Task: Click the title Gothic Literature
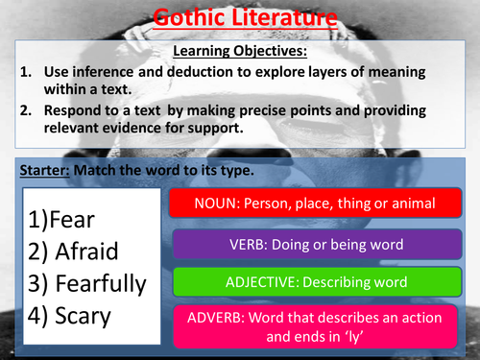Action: (x=240, y=15)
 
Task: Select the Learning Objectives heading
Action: (x=239, y=50)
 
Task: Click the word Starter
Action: (x=42, y=170)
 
